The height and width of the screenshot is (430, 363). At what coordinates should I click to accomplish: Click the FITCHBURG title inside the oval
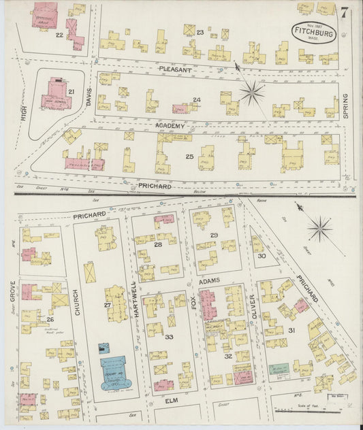click(313, 31)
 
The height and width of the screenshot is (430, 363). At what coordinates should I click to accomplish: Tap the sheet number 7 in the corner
click(345, 12)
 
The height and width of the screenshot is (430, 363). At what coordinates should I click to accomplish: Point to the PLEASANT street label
click(177, 69)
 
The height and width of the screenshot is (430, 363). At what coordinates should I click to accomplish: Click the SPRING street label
click(345, 107)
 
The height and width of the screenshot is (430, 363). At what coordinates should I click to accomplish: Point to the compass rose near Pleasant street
click(251, 93)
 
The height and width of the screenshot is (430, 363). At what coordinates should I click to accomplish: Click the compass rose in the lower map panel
click(319, 229)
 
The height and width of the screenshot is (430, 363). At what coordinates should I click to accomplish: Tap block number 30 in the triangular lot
click(262, 256)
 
